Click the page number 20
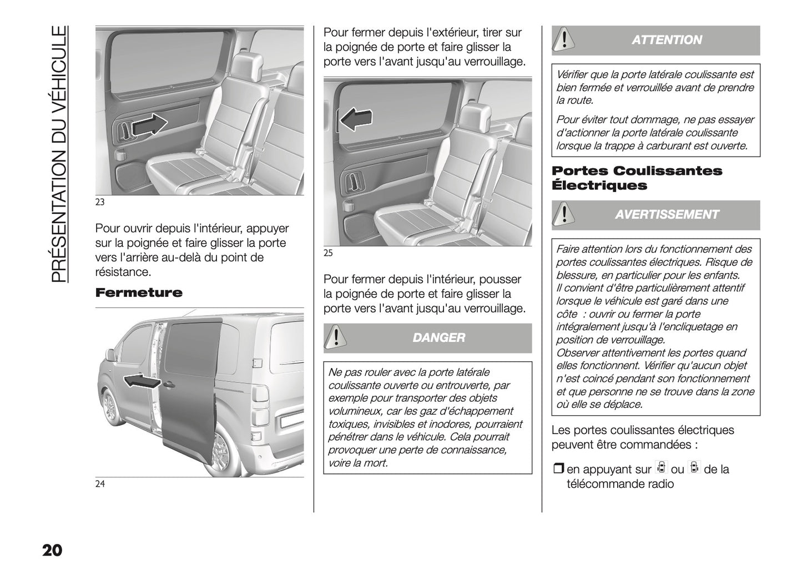[x=52, y=551]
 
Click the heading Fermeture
[x=138, y=292]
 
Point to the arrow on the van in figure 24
[x=141, y=381]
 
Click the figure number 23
[x=100, y=202]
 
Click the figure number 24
[x=100, y=484]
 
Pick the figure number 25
[x=328, y=254]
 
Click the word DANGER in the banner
[x=438, y=337]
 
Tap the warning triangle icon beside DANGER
[x=335, y=338]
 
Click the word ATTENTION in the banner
[x=667, y=40]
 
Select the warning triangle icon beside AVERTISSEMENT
[x=563, y=215]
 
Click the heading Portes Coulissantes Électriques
[x=637, y=178]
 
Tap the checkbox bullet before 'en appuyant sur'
[x=558, y=470]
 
